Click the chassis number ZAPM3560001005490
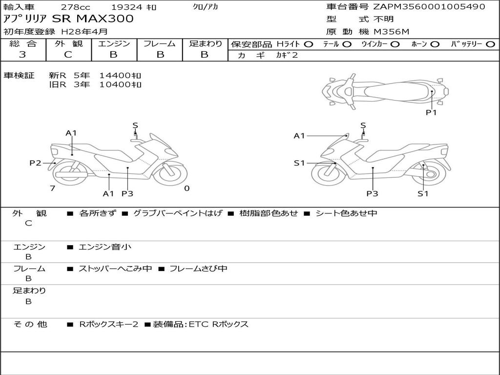[429, 7]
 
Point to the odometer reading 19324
[127, 7]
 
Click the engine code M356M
[391, 32]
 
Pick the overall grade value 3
[22, 55]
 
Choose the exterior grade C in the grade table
[68, 55]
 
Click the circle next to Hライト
[309, 44]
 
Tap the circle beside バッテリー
[490, 44]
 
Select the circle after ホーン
[435, 44]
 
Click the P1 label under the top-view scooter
[431, 112]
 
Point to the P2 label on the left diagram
[35, 163]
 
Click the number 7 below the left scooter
[52, 188]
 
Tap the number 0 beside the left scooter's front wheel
[187, 188]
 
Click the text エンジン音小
[105, 247]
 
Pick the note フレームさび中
[198, 269]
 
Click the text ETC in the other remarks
[198, 324]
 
